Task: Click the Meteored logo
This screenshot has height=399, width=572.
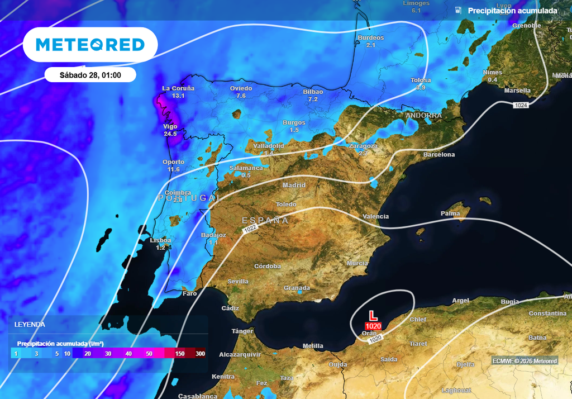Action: pyautogui.click(x=90, y=45)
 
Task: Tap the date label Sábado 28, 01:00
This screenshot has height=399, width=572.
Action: pyautogui.click(x=90, y=74)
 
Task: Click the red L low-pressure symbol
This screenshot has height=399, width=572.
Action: pyautogui.click(x=373, y=315)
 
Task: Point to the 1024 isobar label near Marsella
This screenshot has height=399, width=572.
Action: pyautogui.click(x=521, y=105)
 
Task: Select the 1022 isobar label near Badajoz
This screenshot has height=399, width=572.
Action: pyautogui.click(x=250, y=228)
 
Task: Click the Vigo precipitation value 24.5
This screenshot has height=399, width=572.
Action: pyautogui.click(x=170, y=134)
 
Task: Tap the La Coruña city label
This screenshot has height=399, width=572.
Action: pyautogui.click(x=178, y=88)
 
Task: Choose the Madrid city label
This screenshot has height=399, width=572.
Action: pyautogui.click(x=294, y=185)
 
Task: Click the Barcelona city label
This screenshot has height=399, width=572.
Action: pyautogui.click(x=438, y=154)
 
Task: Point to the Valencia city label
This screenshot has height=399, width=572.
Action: pyautogui.click(x=375, y=216)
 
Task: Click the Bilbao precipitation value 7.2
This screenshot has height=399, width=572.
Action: pyautogui.click(x=313, y=99)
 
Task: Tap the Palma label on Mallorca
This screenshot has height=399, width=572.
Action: pyautogui.click(x=450, y=213)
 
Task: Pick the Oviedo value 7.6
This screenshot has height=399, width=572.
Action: pyautogui.click(x=241, y=96)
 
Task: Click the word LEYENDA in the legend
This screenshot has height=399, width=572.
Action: pyautogui.click(x=30, y=324)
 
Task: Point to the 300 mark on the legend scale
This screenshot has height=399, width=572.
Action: pyautogui.click(x=200, y=354)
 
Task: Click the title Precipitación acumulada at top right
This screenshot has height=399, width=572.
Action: pyautogui.click(x=512, y=11)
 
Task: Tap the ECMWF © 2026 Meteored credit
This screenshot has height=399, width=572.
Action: pyautogui.click(x=525, y=361)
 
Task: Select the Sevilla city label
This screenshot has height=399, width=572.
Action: pyautogui.click(x=238, y=281)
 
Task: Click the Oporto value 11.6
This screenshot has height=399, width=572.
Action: pyautogui.click(x=173, y=169)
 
